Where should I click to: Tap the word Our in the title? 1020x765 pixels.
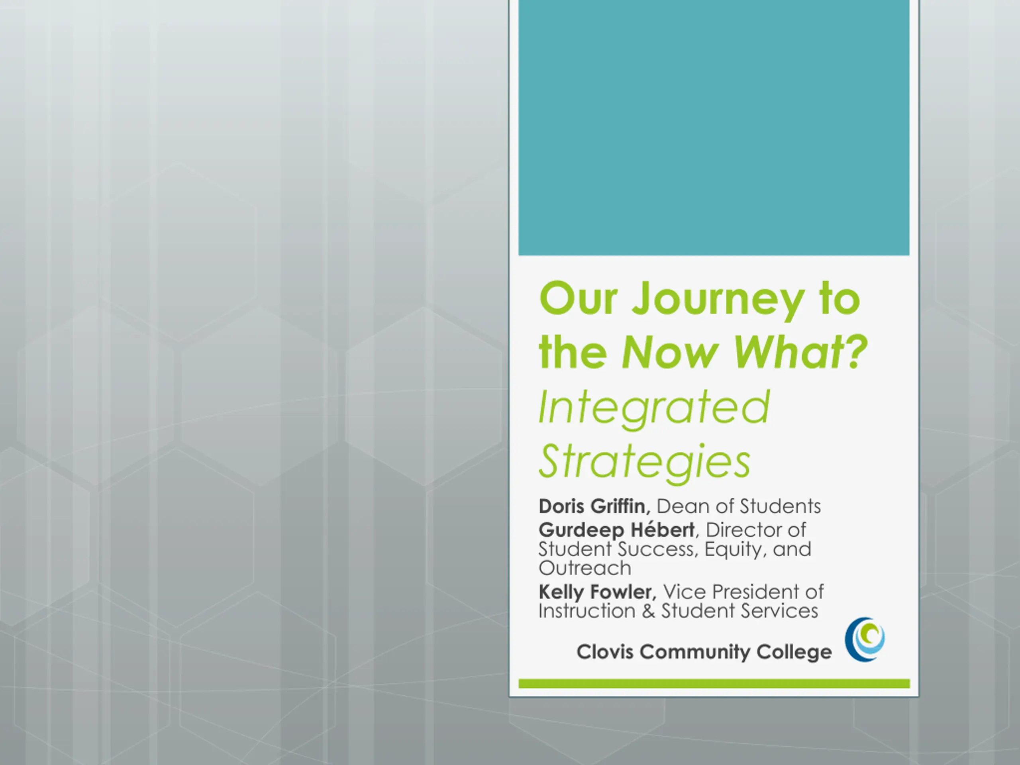[578, 298]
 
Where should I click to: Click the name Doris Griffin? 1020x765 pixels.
[594, 506]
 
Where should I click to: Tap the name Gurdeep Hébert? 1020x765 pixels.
[616, 530]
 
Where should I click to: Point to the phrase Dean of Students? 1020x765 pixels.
[739, 506]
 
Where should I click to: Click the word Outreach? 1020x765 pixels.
[585, 568]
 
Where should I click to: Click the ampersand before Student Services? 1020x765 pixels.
[648, 611]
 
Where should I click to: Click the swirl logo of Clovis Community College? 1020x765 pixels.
[865, 639]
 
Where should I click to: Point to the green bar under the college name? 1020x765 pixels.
[714, 683]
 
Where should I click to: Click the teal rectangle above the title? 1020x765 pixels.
[714, 127]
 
